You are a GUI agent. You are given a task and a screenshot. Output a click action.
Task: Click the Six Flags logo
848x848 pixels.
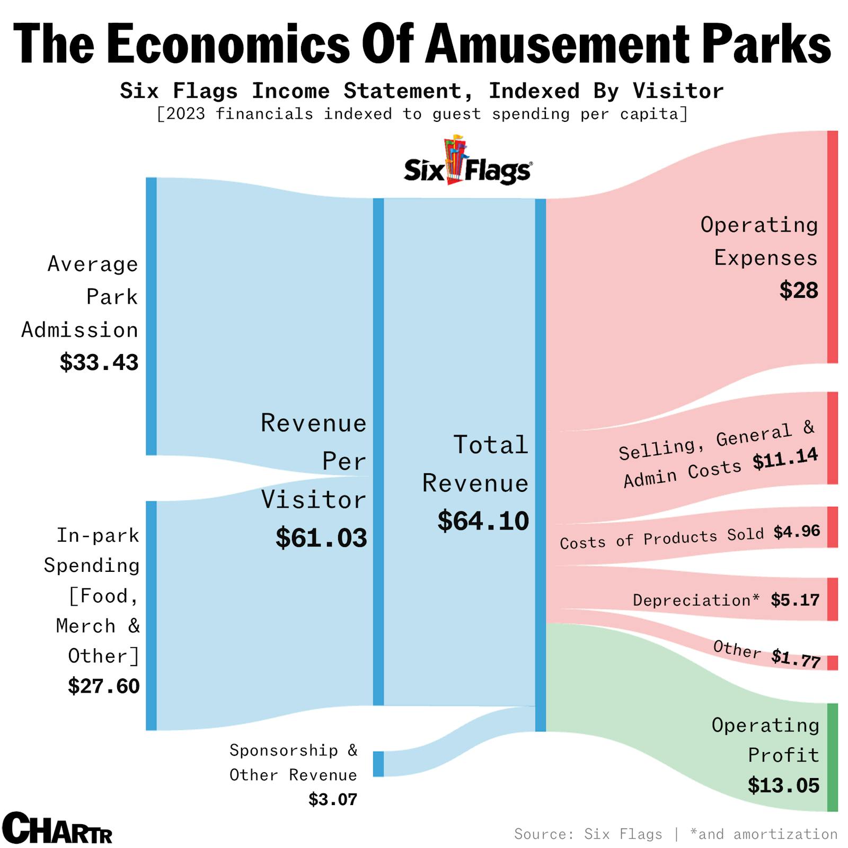click(468, 162)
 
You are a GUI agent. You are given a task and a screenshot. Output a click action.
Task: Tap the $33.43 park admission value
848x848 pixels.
click(99, 363)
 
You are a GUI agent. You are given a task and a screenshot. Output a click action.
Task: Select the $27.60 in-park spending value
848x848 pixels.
click(104, 686)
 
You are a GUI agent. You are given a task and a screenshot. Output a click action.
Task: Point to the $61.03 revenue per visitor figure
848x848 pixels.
click(321, 538)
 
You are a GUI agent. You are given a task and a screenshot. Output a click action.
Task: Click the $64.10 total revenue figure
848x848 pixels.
click(483, 521)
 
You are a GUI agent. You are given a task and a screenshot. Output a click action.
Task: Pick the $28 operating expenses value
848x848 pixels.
click(799, 290)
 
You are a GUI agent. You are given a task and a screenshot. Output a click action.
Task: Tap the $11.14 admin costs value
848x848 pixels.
click(785, 460)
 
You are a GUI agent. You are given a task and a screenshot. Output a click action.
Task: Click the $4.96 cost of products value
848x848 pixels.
click(797, 532)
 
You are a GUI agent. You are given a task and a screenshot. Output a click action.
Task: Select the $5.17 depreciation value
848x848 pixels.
click(795, 600)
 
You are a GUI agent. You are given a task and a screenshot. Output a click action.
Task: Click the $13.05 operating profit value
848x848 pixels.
click(783, 785)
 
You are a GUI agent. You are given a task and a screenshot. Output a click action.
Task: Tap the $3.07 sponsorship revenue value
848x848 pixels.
click(333, 799)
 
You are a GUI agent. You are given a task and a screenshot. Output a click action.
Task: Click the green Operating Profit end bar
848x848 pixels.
click(833, 757)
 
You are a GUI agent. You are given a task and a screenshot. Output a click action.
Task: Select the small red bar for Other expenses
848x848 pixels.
click(833, 663)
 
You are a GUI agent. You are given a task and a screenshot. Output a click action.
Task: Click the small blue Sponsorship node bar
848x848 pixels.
click(378, 764)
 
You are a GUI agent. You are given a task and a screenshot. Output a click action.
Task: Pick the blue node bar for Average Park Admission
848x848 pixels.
click(152, 316)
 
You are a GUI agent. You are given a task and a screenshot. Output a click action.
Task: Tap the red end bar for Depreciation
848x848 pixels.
click(833, 599)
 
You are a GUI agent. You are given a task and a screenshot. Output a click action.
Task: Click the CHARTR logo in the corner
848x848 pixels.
click(57, 828)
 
